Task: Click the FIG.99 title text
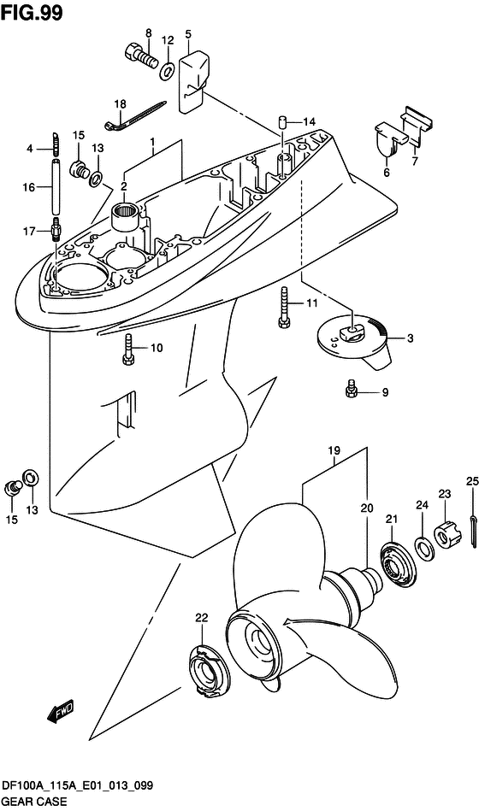(x=33, y=13)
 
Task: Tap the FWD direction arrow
(x=61, y=711)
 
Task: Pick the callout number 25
(x=471, y=482)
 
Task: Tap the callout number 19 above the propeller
(x=334, y=450)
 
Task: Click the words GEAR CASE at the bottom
(x=33, y=802)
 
